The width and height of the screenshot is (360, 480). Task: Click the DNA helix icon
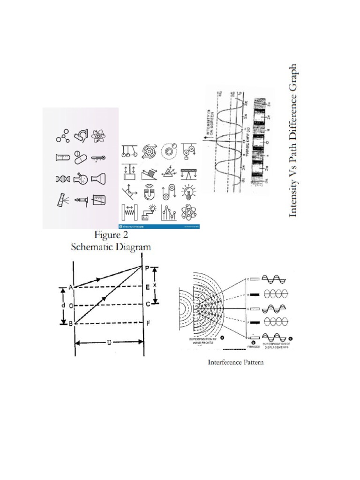(x=61, y=179)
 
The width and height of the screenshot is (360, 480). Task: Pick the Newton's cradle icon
(x=127, y=150)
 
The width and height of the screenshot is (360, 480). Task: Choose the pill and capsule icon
(x=79, y=157)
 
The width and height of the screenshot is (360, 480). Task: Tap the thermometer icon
(x=98, y=158)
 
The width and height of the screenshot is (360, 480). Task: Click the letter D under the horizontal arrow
(x=109, y=343)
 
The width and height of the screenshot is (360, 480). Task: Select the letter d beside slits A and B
(x=62, y=306)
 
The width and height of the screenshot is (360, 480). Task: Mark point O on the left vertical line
(x=70, y=306)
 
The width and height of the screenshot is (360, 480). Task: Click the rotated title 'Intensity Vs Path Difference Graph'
(x=294, y=140)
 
